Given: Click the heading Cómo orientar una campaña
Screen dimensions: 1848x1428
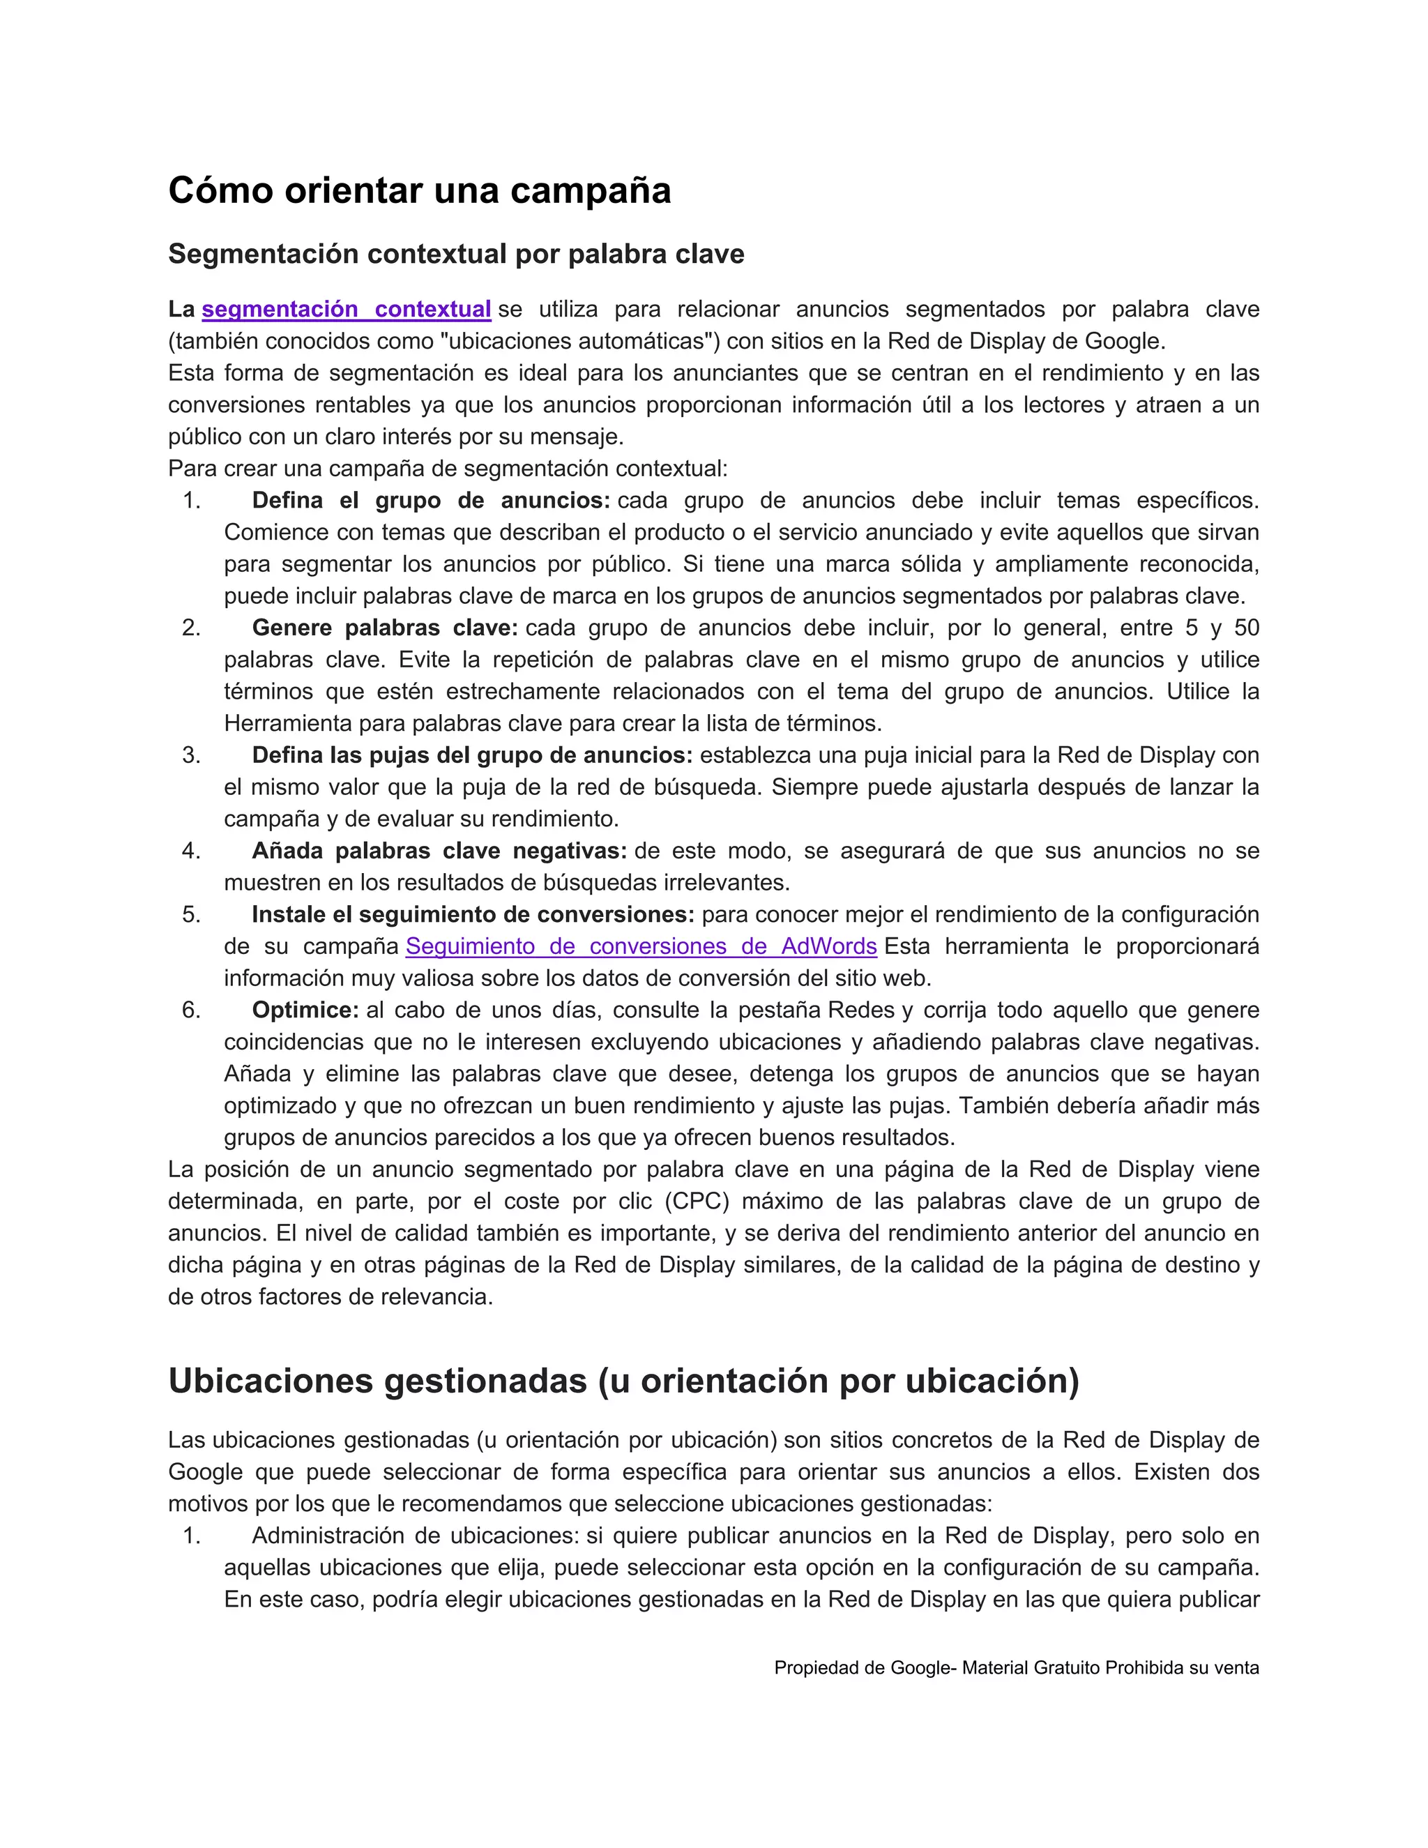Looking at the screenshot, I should [419, 190].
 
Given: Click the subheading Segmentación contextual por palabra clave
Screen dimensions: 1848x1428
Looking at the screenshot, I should [456, 254].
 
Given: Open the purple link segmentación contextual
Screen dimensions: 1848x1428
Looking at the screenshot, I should [346, 310].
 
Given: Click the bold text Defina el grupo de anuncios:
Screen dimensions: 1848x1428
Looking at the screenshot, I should [431, 500].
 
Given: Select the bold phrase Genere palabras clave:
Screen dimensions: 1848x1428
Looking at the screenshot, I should [384, 628].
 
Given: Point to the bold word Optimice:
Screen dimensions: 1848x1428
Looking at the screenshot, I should [305, 1010].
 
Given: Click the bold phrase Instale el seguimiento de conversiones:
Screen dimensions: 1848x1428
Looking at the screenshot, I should [472, 915].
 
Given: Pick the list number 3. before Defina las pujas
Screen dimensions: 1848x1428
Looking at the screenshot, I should [191, 756].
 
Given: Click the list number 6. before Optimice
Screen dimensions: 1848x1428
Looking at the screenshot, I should [191, 1010].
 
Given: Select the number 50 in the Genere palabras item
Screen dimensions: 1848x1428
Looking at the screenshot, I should [1246, 628].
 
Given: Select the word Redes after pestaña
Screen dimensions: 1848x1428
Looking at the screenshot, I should [860, 1010].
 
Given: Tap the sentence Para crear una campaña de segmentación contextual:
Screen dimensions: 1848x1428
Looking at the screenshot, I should [448, 469].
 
